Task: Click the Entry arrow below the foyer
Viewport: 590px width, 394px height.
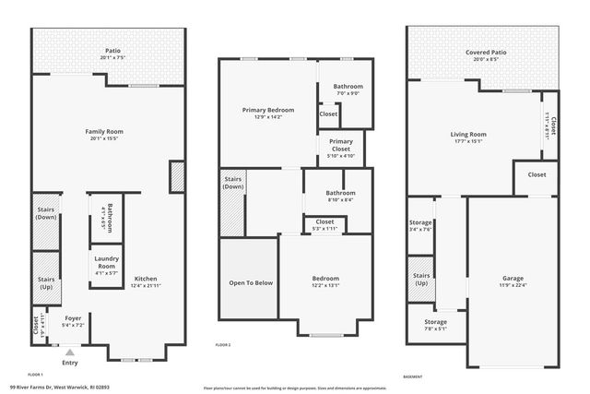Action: [69, 352]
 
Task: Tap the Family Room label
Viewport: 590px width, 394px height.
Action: [104, 132]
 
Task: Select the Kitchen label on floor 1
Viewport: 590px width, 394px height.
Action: [147, 278]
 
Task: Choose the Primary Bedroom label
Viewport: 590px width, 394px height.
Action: [267, 111]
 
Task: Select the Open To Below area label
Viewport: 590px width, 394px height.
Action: [251, 282]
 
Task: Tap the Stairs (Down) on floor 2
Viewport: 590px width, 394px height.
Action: [232, 182]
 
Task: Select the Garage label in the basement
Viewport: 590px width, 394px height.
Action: [513, 278]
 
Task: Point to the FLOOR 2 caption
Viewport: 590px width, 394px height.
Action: [223, 344]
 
